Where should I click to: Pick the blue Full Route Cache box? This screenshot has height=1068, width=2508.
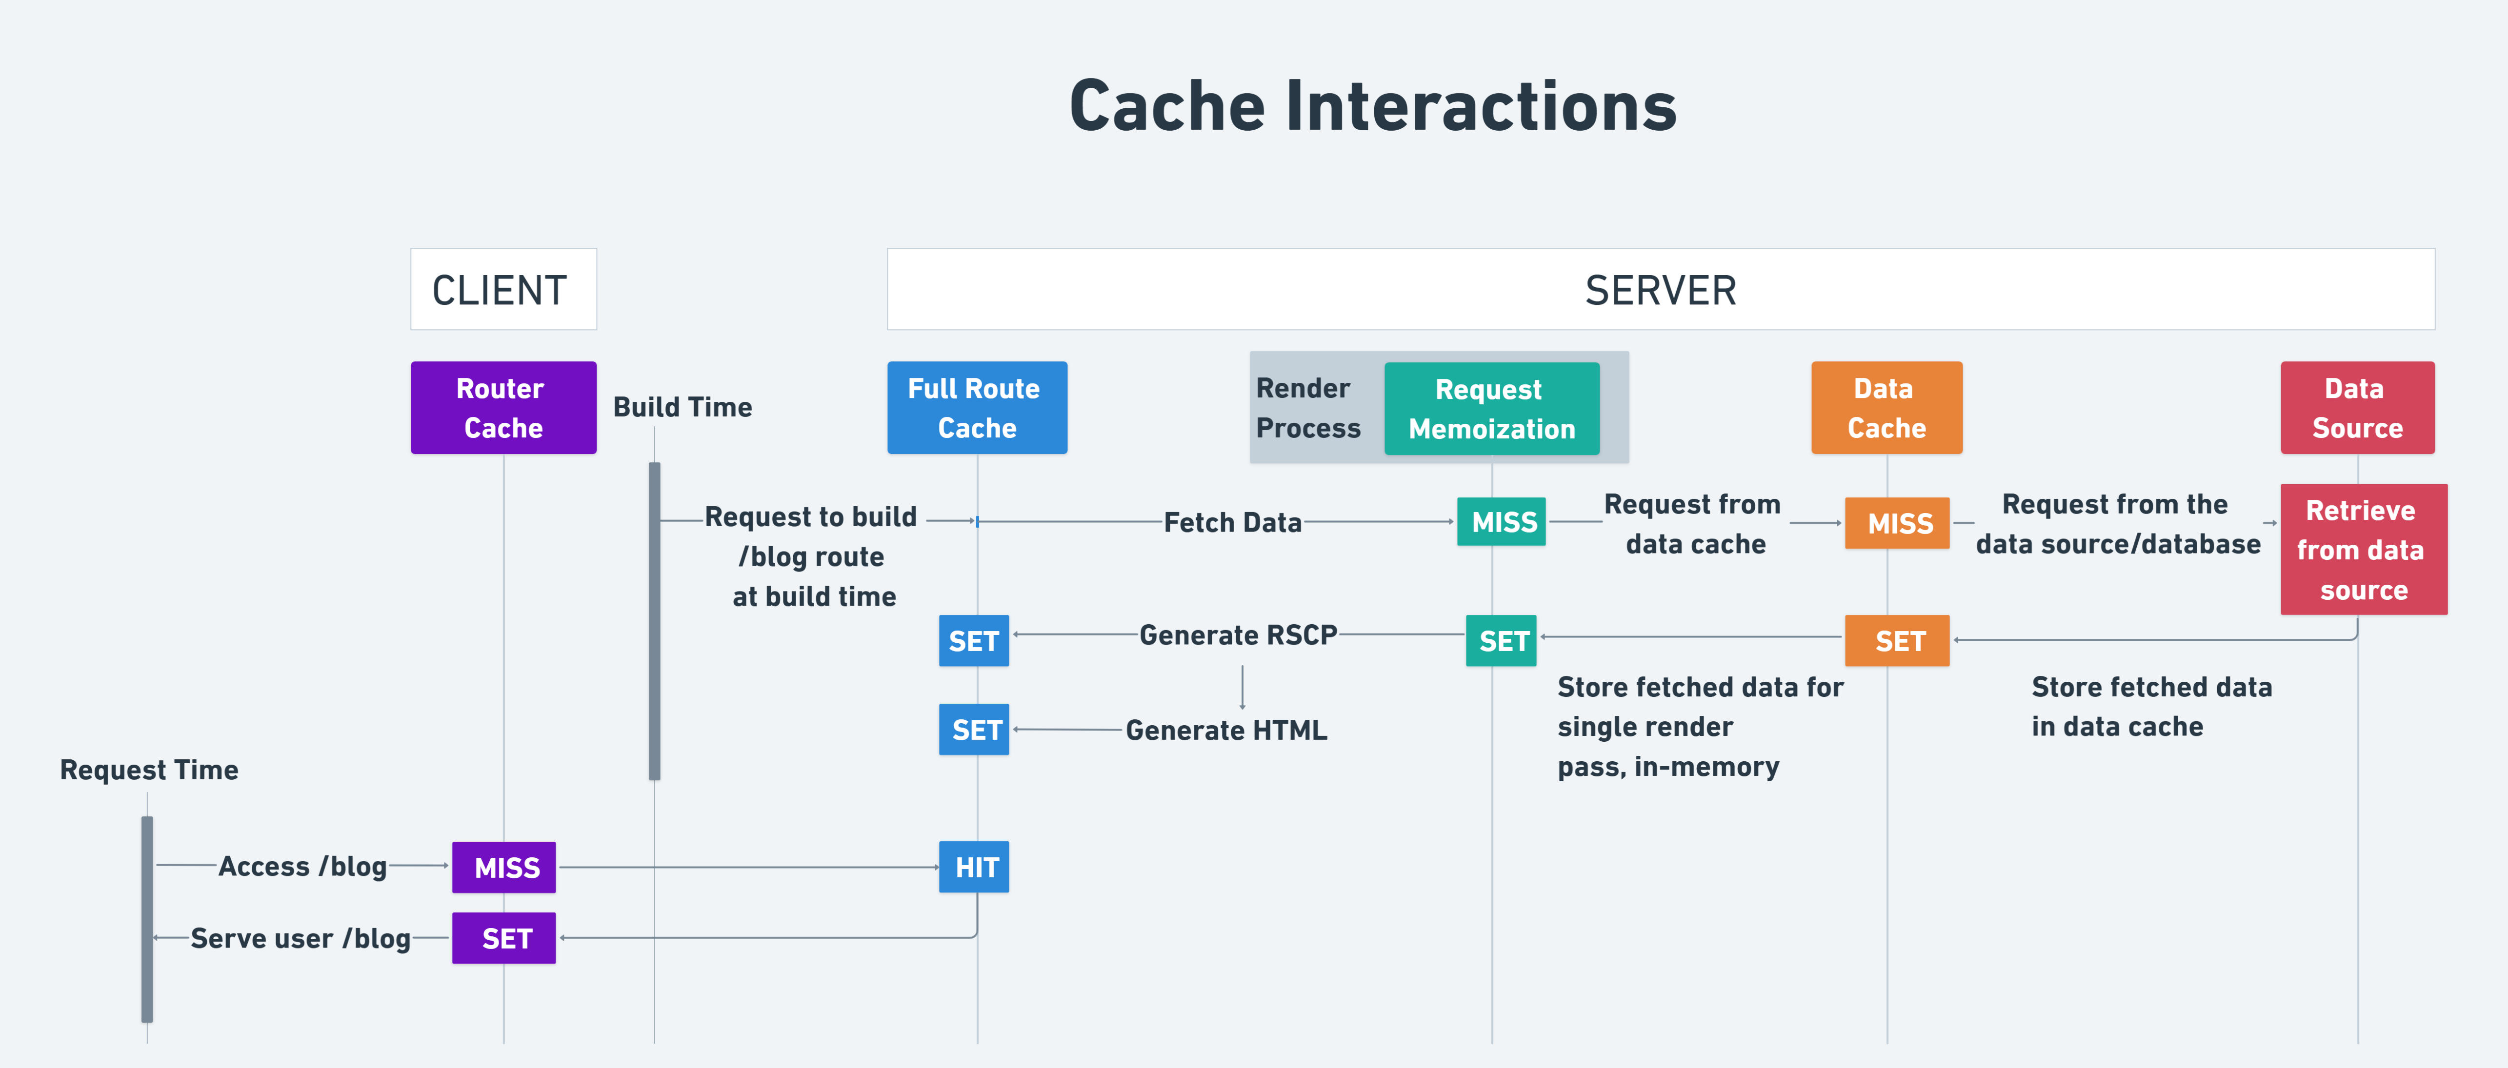[x=977, y=408]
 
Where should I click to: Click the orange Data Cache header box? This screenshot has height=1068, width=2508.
[x=1886, y=408]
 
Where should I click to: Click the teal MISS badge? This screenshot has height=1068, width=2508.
[x=1501, y=523]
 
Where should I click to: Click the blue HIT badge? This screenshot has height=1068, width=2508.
[x=974, y=868]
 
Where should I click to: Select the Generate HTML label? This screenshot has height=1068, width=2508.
[x=1226, y=730]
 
